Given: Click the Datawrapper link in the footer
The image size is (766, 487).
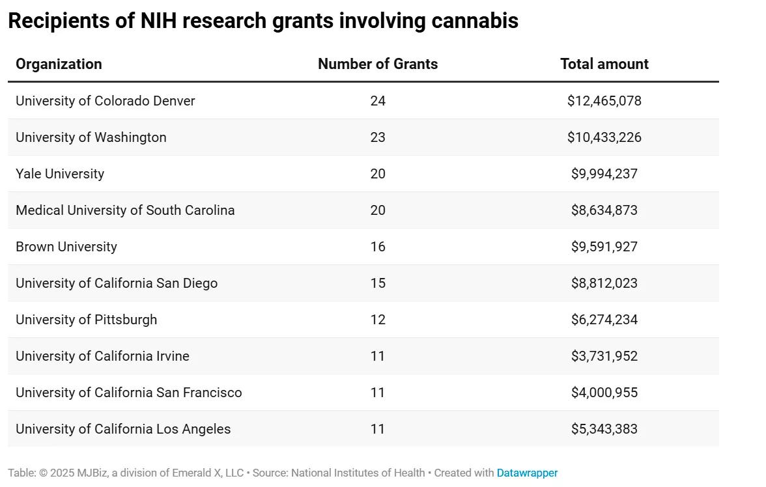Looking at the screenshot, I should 527,473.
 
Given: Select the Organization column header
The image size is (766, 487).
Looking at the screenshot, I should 59,64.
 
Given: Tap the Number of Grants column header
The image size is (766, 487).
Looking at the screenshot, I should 378,64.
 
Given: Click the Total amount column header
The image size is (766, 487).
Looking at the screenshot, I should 604,64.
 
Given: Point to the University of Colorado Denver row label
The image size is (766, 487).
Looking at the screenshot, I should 105,101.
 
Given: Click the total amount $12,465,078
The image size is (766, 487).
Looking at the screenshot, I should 604,101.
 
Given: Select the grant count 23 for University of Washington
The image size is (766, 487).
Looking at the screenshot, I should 378,137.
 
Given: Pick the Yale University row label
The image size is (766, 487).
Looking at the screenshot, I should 60,174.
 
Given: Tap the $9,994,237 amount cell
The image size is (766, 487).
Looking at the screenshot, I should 604,174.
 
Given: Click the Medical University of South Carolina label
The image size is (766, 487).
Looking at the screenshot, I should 125,210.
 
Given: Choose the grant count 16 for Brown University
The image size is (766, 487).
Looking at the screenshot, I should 378,247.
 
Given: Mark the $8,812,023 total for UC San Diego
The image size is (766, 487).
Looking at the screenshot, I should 604,283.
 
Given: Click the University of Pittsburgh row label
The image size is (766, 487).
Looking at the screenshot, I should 86,320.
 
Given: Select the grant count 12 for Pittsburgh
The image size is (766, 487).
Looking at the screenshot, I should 378,320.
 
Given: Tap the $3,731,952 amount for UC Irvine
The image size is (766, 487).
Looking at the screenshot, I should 604,356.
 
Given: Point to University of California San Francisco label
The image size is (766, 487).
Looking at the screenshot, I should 128,393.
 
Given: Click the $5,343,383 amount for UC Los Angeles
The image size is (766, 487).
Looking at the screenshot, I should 604,429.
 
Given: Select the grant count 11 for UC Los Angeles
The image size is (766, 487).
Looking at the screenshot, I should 378,429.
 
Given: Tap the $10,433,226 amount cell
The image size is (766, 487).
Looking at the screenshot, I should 604,137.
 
